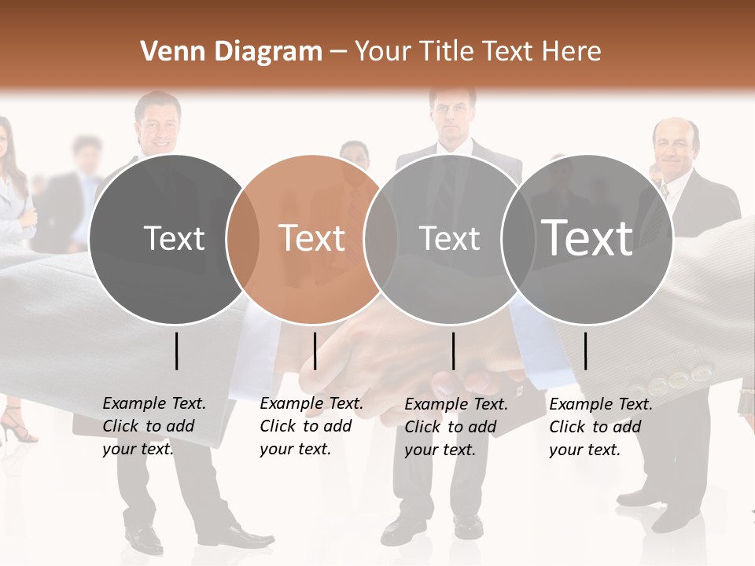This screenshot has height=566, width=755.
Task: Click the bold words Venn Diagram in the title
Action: (231, 52)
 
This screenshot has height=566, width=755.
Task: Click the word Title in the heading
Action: (447, 52)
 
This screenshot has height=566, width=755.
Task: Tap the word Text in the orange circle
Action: (312, 238)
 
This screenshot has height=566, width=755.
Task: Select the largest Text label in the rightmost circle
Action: (587, 237)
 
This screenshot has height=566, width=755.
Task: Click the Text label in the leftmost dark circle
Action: (174, 238)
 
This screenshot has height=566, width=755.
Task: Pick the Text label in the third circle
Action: (449, 238)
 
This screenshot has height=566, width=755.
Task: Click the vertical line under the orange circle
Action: (315, 351)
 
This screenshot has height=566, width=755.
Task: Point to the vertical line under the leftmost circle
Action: (176, 351)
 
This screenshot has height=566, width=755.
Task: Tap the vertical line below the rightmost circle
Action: (585, 351)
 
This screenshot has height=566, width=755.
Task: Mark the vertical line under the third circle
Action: (453, 351)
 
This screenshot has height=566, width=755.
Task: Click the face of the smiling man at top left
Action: (158, 125)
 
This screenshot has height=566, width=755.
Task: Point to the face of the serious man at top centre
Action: (452, 116)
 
